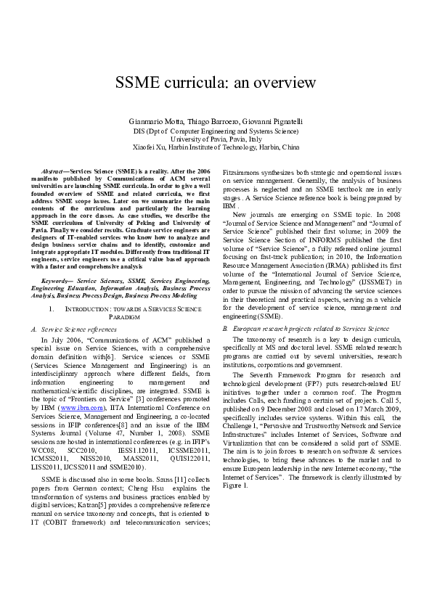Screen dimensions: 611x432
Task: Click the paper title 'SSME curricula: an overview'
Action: (x=216, y=82)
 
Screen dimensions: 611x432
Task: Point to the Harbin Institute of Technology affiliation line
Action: (x=216, y=147)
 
